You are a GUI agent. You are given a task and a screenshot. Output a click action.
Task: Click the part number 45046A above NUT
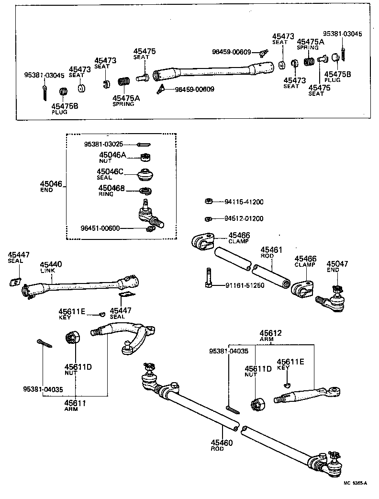(112, 155)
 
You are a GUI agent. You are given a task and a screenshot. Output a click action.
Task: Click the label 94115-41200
(244, 202)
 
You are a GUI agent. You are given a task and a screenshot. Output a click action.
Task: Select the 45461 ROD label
(271, 252)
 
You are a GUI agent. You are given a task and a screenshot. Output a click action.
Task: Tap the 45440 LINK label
(50, 267)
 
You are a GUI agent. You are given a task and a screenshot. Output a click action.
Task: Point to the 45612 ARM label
(271, 336)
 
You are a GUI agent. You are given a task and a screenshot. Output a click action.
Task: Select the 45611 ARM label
(75, 406)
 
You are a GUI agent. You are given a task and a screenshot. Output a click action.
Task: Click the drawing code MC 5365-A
(354, 483)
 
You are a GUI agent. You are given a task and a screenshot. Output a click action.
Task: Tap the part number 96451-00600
(93, 228)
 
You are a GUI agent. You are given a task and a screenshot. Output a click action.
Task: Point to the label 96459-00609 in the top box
(231, 52)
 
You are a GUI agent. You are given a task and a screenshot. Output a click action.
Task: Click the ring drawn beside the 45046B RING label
(145, 192)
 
